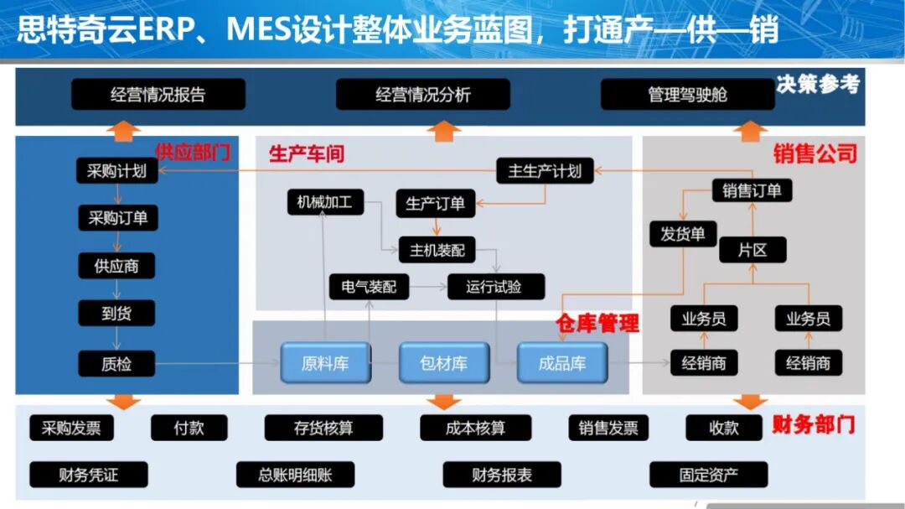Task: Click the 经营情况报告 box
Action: [x=158, y=95]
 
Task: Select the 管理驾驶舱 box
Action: [x=687, y=95]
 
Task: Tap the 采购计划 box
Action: [x=116, y=171]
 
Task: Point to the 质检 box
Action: [x=116, y=364]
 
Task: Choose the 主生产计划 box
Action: [x=545, y=171]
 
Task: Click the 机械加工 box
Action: [x=324, y=202]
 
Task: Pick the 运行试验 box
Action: [x=494, y=287]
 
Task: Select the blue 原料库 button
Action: [x=325, y=364]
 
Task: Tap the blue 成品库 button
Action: [x=562, y=364]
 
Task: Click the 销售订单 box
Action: [x=752, y=190]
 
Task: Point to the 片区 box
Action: [x=752, y=250]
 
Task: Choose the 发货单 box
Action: [x=683, y=234]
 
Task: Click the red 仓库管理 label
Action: [x=597, y=324]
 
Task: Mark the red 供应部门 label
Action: [x=192, y=153]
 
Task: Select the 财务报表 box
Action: [x=502, y=475]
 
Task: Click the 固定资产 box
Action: [x=708, y=475]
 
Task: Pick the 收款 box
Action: [x=724, y=428]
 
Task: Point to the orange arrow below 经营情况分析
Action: [x=444, y=129]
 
